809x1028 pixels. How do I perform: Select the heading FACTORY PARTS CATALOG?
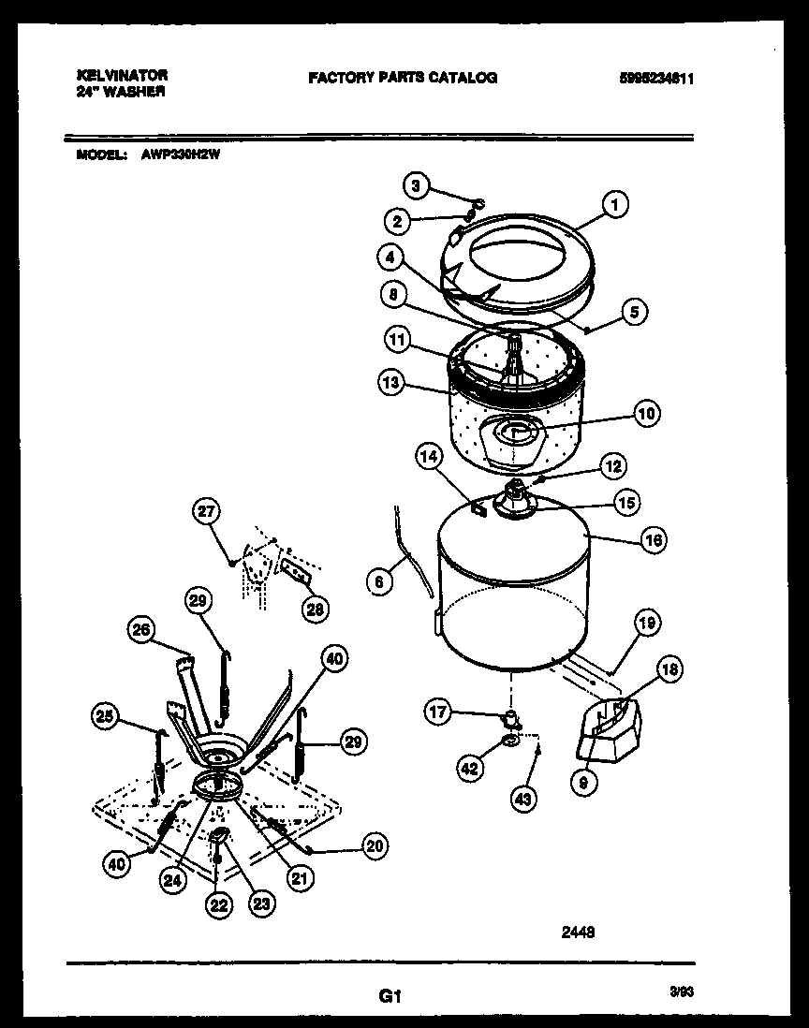(403, 78)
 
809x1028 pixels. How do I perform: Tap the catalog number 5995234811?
(655, 80)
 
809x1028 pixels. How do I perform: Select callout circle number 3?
(418, 185)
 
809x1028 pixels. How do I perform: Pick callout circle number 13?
(391, 381)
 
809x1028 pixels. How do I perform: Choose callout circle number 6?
(378, 581)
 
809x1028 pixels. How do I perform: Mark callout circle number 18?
(669, 668)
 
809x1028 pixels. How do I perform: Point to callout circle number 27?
(207, 511)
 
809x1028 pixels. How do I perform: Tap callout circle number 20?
(374, 846)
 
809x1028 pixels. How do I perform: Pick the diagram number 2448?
(578, 932)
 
